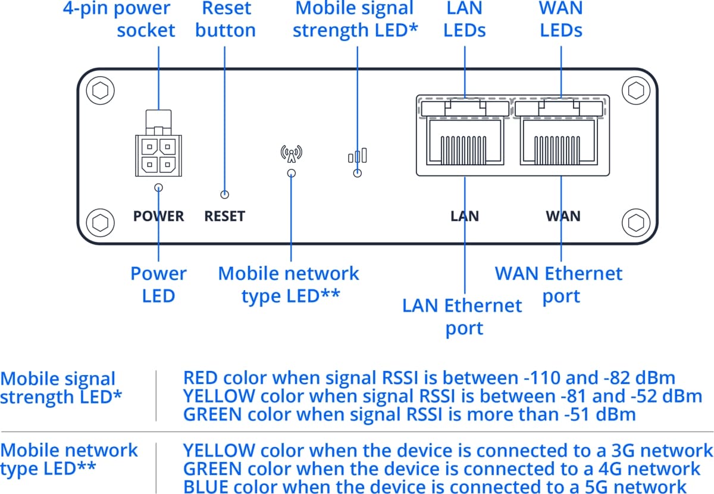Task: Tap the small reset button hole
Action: click(x=225, y=194)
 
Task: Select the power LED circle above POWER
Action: click(x=158, y=188)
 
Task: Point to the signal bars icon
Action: click(x=357, y=156)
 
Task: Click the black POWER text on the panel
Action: click(x=158, y=216)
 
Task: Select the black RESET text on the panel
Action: click(x=225, y=216)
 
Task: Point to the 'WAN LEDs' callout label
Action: click(x=561, y=19)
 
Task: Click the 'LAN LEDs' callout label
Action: click(x=465, y=19)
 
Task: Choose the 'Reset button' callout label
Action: click(x=226, y=19)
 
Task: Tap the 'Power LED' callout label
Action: click(x=158, y=284)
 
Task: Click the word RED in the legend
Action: click(x=201, y=378)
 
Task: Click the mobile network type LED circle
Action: click(x=292, y=174)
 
